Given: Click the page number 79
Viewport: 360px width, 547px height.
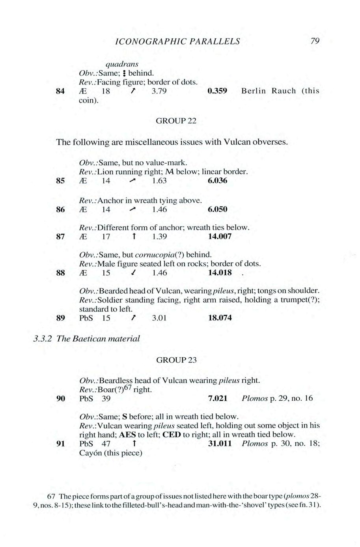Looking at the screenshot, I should pos(315,41).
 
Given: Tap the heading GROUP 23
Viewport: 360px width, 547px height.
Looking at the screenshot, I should pos(176,360).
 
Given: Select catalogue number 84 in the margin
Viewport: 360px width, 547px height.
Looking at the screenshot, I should pos(60,91).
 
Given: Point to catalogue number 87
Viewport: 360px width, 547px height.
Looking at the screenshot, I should pos(60,237).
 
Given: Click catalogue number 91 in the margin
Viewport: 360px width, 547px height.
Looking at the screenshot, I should pos(60,444).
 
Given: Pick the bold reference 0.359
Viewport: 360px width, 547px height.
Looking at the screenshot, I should pos(217,91).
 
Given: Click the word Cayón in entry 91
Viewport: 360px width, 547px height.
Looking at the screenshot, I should pos(91,453).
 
